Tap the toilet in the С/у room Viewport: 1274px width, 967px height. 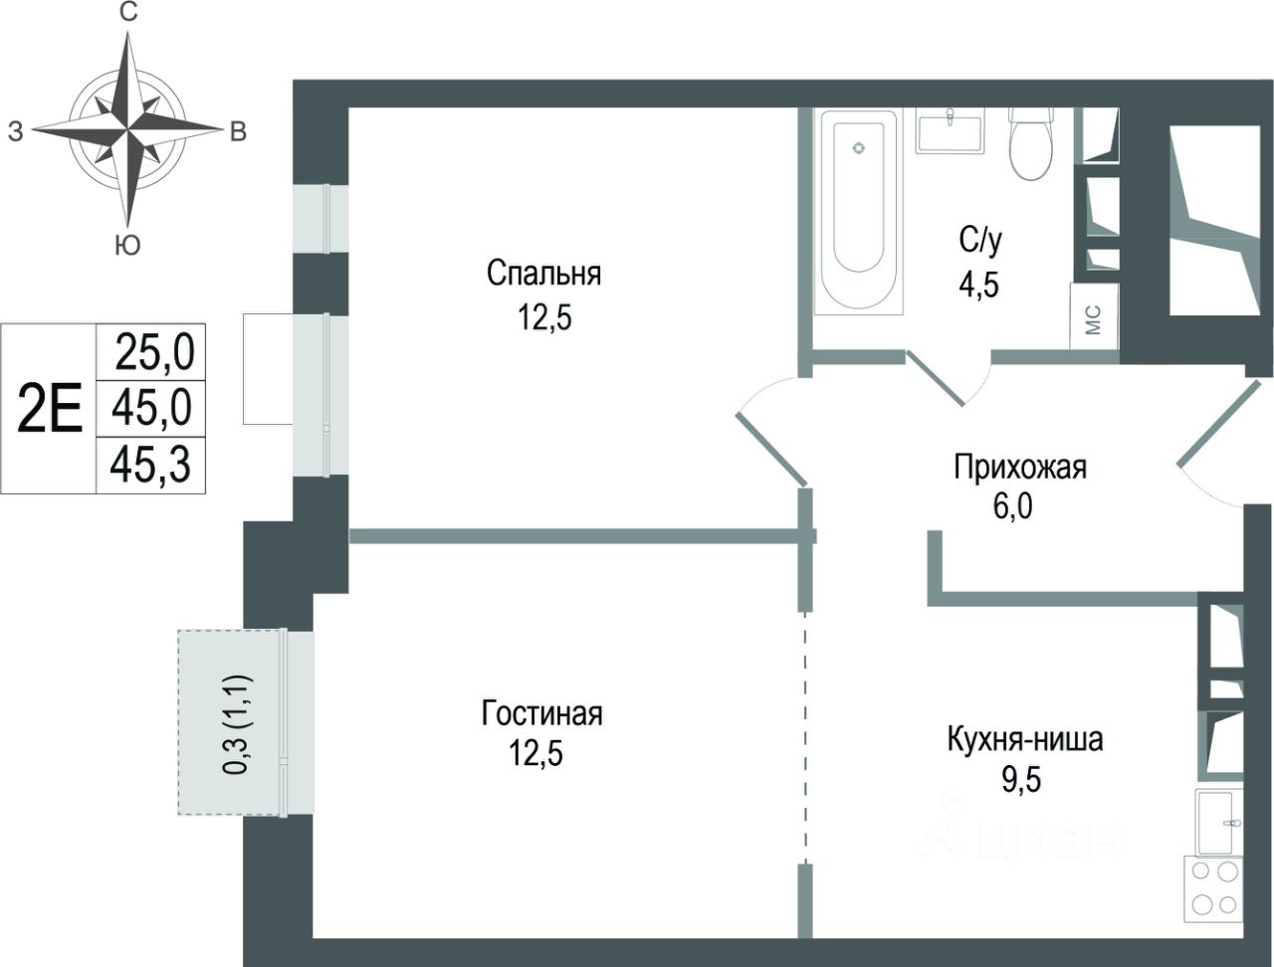point(1031,144)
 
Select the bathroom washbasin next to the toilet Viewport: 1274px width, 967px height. point(950,130)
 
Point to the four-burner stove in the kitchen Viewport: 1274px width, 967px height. point(1213,888)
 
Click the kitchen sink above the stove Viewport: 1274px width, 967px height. point(1219,822)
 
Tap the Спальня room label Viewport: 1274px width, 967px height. point(543,273)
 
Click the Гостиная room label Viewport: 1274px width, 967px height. point(541,713)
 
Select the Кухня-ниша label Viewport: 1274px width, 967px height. point(1024,740)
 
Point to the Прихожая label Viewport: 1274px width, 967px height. point(1019,467)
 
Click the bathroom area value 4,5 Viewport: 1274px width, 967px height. point(978,286)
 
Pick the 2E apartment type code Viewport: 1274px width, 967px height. point(50,409)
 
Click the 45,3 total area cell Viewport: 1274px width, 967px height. point(150,465)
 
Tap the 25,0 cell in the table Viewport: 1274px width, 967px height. point(153,351)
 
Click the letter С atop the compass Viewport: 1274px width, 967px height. point(127,12)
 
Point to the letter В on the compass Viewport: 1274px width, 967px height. point(237,131)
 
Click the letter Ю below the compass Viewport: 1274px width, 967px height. point(126,246)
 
